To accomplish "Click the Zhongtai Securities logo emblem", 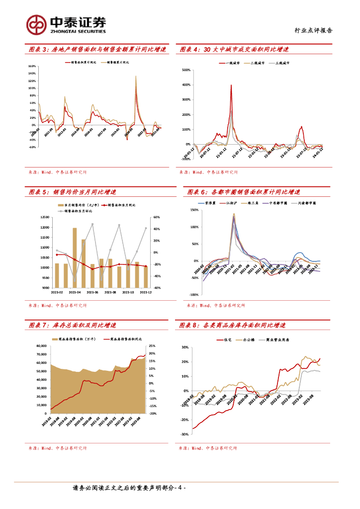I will (x=36, y=23).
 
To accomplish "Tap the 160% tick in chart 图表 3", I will (x=32, y=66).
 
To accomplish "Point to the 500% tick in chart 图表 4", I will (x=186, y=70).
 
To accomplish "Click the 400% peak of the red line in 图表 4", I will (x=231, y=85).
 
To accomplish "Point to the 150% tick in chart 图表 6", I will (x=194, y=210).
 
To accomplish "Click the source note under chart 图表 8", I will (x=208, y=448).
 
